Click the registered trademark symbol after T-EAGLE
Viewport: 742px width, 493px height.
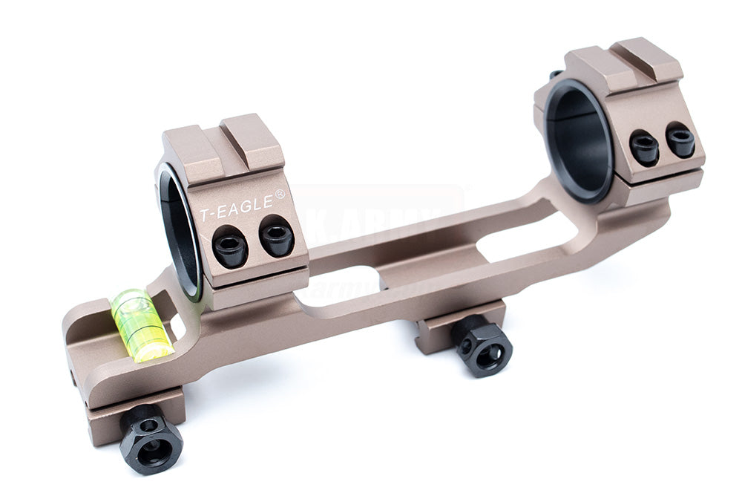coord(280,195)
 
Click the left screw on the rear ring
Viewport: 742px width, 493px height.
coord(644,148)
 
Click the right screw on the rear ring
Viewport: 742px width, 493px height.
coord(680,140)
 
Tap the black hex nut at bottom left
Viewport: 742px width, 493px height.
coord(151,439)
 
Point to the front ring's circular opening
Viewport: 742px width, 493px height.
coord(178,230)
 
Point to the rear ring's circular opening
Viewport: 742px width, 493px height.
coord(579,141)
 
